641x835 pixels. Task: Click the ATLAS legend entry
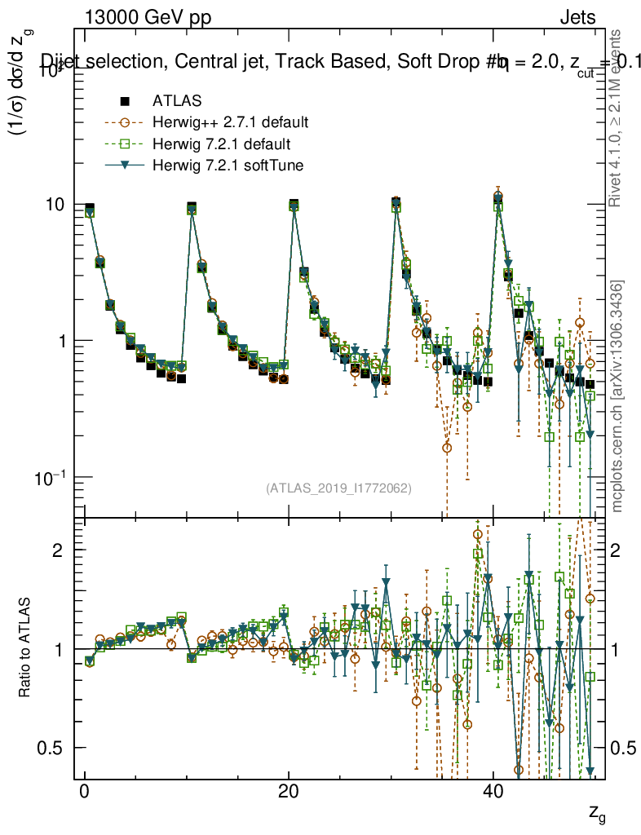(171, 102)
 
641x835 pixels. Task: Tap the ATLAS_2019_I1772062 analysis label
(338, 488)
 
